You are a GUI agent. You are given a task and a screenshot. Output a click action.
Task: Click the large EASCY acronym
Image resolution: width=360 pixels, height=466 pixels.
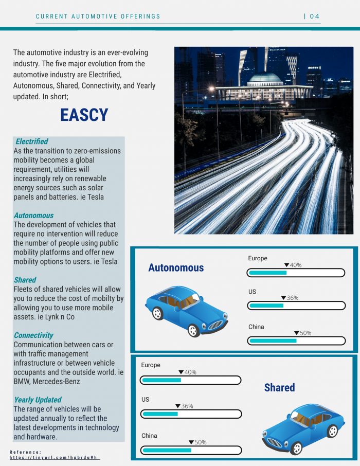[84, 115]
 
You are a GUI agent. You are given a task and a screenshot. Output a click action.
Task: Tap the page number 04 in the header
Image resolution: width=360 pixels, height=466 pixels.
[314, 16]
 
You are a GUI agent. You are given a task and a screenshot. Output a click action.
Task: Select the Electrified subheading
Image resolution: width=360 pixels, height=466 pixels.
[32, 141]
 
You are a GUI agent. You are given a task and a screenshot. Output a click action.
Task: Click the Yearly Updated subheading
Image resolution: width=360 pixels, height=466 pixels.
[38, 400]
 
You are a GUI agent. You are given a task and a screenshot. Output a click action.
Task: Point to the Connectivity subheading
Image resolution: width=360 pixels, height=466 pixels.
[33, 335]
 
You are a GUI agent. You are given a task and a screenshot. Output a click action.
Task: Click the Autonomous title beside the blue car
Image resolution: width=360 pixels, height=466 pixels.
[176, 267]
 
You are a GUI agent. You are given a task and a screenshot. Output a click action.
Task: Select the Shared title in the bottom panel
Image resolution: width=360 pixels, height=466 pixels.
[279, 387]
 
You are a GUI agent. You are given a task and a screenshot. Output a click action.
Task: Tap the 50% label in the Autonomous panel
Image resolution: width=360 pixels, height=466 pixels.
[305, 333]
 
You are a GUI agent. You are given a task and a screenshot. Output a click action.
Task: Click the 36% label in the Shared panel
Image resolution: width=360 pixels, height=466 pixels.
[187, 406]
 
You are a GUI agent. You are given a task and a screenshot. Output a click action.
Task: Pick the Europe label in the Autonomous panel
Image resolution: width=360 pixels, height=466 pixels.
[258, 258]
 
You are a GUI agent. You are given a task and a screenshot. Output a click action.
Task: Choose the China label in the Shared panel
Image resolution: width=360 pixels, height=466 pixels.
[149, 436]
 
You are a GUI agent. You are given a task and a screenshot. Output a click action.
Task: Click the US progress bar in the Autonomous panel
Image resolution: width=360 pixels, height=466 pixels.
[296, 306]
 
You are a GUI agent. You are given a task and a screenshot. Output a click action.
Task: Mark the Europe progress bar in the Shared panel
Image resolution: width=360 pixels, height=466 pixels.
[190, 380]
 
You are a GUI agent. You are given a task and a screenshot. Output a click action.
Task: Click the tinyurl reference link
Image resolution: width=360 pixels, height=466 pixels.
[54, 457]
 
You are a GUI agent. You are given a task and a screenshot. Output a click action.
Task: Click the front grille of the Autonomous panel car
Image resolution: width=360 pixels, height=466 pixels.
[217, 325]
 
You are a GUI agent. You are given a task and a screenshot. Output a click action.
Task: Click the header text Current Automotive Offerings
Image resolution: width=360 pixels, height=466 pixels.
[98, 16]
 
